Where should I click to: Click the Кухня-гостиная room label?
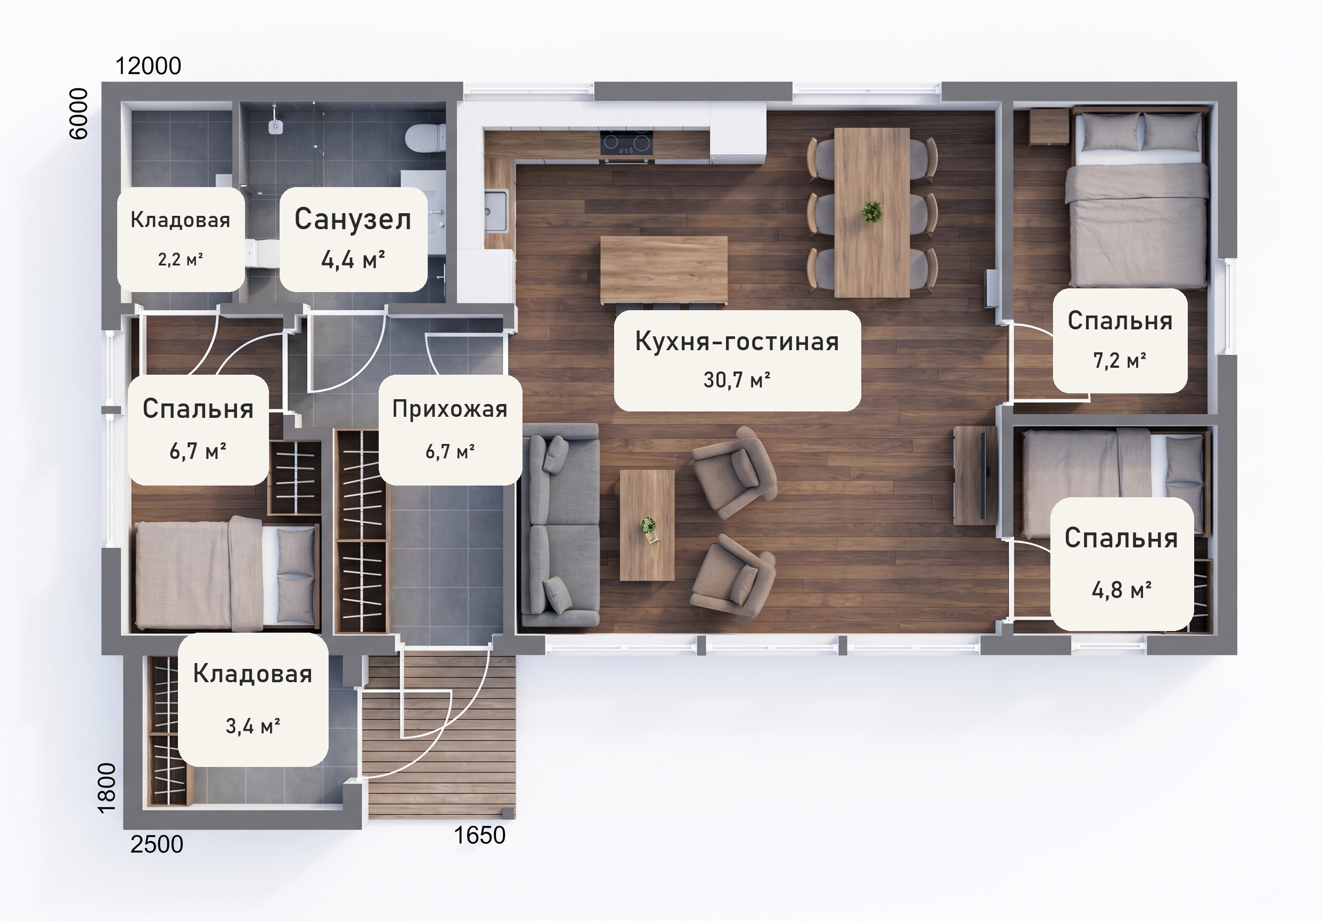pos(737,342)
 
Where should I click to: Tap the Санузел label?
pos(353,220)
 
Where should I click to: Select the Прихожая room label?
pos(450,409)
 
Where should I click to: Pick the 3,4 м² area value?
pos(253,726)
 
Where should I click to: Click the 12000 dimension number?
pos(149,66)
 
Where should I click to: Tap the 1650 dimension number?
pos(479,835)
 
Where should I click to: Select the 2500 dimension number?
pos(157,844)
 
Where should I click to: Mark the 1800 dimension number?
pos(107,788)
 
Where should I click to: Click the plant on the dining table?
pos(872,212)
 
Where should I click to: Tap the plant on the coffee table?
pos(648,527)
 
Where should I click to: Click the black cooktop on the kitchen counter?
pos(626,143)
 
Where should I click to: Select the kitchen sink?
pos(496,212)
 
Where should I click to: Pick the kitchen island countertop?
pos(663,270)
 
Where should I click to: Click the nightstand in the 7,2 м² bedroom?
pos(1049,127)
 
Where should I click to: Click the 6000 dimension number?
pos(78,114)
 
